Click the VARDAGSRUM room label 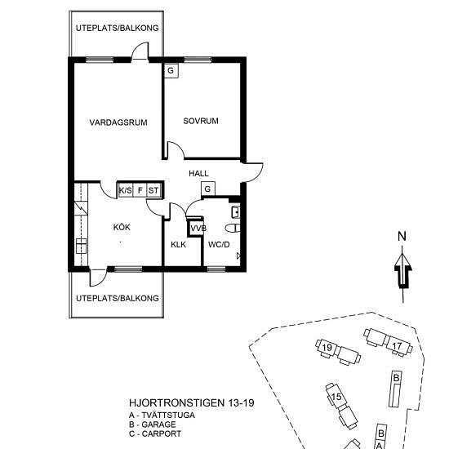tap(118, 122)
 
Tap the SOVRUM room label tap(201, 121)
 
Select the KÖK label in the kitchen tap(122, 227)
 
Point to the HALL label tap(198, 173)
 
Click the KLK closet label tap(179, 245)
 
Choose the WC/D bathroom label tap(219, 245)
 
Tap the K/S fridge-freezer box tap(126, 190)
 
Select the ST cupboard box tap(153, 190)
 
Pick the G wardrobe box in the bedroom tap(171, 70)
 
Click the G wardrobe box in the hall tap(208, 189)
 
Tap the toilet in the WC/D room tap(233, 229)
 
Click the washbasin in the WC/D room tap(236, 212)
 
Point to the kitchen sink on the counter tap(82, 246)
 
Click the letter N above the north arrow tap(402, 236)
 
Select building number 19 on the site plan tap(327, 348)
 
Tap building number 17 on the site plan tap(397, 346)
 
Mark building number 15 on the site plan tap(336, 397)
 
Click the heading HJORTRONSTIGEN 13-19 tap(192, 403)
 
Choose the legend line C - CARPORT tap(155, 433)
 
